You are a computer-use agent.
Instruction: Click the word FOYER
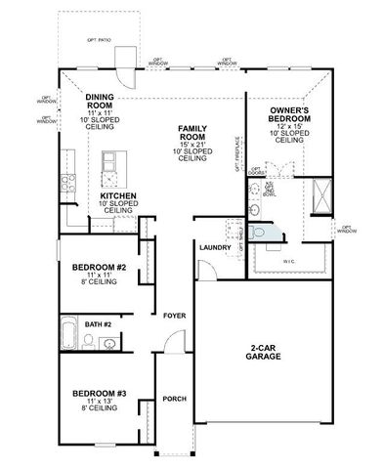(x=173, y=316)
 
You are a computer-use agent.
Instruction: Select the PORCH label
(x=175, y=398)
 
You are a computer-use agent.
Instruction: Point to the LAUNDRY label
(x=214, y=248)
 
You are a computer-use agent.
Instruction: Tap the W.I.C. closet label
(x=289, y=260)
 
